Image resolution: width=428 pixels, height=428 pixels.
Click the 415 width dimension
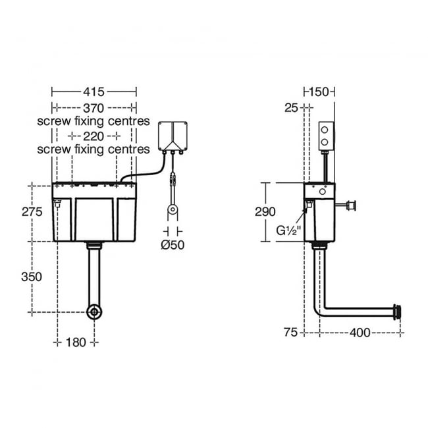94,92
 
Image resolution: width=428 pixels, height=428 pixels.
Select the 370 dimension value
94,108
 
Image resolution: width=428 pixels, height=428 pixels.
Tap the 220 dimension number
94,136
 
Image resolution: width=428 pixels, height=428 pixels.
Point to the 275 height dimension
32,212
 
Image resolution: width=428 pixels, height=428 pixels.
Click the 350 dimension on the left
32,277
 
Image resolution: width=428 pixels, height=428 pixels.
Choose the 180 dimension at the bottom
76,342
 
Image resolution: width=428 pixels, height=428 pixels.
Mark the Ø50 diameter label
173,245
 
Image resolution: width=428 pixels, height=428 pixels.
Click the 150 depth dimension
319,92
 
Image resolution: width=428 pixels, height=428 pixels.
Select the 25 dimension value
291,108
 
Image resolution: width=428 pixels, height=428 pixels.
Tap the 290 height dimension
265,212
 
